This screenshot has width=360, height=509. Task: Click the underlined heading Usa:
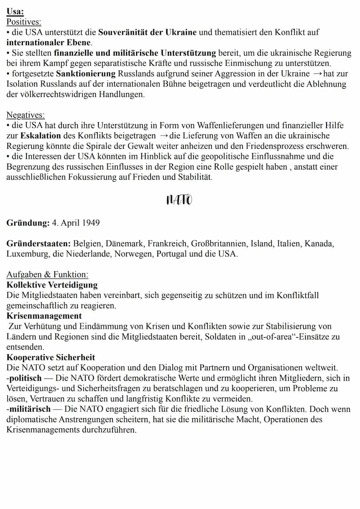click(15, 12)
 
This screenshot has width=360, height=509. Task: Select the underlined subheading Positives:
click(24, 21)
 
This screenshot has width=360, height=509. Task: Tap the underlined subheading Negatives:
click(25, 115)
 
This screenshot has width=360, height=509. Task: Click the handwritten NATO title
click(179, 200)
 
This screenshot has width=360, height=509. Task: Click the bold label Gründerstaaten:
click(39, 244)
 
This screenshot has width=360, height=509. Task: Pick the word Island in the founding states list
click(262, 244)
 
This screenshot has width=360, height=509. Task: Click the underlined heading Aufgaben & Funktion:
click(47, 275)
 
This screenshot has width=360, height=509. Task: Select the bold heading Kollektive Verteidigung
click(52, 285)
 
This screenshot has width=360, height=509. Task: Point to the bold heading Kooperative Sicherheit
click(51, 358)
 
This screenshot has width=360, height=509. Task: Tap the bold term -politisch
click(24, 378)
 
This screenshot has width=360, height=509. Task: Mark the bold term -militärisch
click(28, 409)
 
